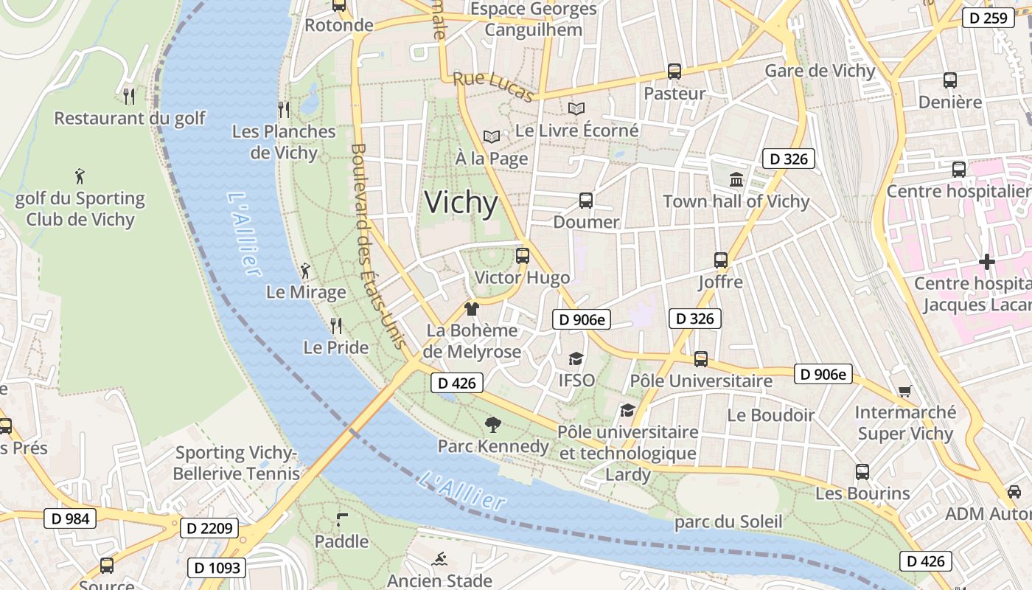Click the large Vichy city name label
click(461, 203)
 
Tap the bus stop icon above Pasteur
click(674, 72)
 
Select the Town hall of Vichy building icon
click(736, 179)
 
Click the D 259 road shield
click(989, 18)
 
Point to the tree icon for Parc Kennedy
click(492, 424)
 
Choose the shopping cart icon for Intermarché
click(904, 391)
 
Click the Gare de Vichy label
click(820, 71)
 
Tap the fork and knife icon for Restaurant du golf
click(129, 96)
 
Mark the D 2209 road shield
click(209, 528)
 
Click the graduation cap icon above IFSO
click(576, 358)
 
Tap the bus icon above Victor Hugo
click(523, 256)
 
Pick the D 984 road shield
click(71, 518)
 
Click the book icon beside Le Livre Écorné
click(576, 109)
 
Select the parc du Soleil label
click(728, 522)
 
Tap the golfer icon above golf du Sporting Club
click(80, 176)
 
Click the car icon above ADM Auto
click(1014, 491)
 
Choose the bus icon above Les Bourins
click(862, 471)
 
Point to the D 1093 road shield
click(217, 567)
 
